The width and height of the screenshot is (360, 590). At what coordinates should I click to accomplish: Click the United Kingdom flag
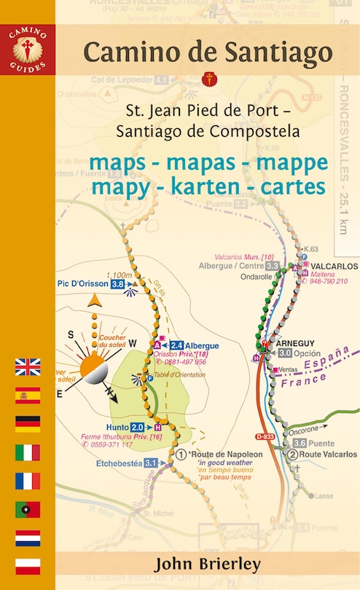[x=28, y=367]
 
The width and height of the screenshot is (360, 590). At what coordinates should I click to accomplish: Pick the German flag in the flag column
[x=28, y=424]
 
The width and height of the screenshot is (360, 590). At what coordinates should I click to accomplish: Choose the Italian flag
[x=28, y=452]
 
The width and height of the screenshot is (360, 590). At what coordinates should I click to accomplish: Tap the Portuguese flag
[x=28, y=509]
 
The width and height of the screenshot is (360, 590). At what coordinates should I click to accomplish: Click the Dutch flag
[x=28, y=538]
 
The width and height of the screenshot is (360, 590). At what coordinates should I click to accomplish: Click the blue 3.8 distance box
[x=117, y=285]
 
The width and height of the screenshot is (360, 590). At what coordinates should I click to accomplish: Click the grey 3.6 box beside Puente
[x=299, y=442]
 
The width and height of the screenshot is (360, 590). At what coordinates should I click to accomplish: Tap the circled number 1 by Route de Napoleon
[x=181, y=454]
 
